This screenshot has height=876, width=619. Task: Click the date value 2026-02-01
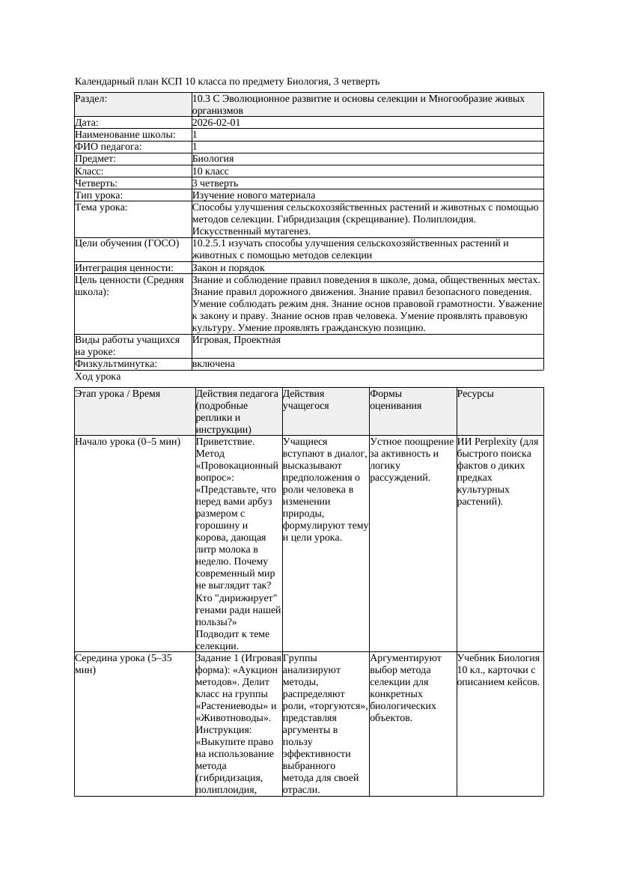point(216,123)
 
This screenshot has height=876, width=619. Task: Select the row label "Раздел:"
point(91,99)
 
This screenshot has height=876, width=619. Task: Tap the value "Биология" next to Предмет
point(213,159)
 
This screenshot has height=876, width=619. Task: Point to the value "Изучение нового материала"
point(253,195)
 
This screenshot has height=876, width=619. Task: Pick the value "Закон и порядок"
point(228,268)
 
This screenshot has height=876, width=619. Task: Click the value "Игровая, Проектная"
point(236,340)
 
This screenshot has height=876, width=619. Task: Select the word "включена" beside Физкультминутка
point(213,364)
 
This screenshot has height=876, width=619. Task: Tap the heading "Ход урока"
point(97,377)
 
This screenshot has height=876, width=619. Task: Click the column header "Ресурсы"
point(475,394)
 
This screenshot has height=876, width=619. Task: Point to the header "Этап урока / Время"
point(118,394)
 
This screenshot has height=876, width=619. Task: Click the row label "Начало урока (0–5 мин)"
point(127,442)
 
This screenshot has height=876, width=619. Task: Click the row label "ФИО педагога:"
point(109,147)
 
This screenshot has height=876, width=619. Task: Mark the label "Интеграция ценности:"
point(124,268)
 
